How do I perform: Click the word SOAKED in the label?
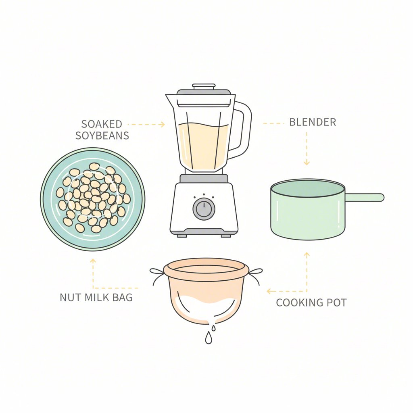(x=102, y=124)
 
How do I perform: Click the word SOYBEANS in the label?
(x=102, y=136)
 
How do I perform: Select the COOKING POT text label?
(x=311, y=303)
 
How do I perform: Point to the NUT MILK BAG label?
(x=96, y=298)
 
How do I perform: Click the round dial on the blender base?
(x=204, y=209)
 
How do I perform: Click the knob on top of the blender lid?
(x=204, y=86)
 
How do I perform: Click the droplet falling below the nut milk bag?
(x=208, y=339)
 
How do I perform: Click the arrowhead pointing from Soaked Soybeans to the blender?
(x=162, y=125)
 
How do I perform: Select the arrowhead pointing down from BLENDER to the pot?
(x=307, y=162)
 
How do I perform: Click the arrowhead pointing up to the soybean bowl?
(x=93, y=261)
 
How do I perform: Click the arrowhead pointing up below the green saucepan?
(x=307, y=255)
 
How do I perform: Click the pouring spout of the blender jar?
(x=169, y=98)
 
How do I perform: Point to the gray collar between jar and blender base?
(x=204, y=178)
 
